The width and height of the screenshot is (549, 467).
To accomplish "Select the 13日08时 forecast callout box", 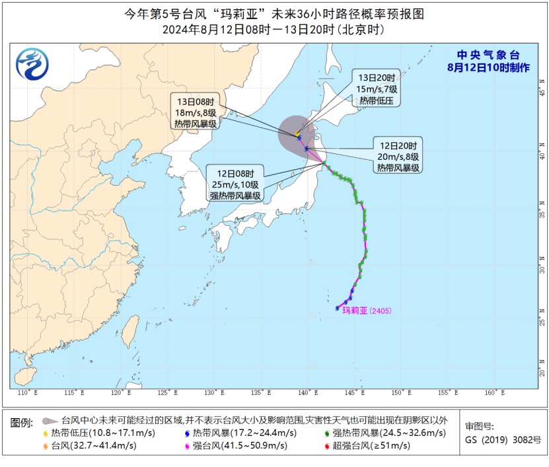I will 196,112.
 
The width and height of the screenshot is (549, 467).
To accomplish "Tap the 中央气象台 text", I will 488,56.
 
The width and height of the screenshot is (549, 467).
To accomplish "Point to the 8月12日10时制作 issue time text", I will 488,67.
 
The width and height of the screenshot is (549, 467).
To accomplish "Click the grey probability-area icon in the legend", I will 48,420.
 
